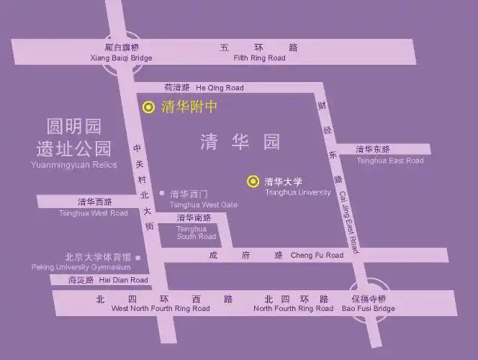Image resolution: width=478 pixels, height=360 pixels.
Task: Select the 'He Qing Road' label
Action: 220,88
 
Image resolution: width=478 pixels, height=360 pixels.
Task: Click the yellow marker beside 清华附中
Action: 148,107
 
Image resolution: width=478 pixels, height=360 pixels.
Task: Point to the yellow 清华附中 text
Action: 189,107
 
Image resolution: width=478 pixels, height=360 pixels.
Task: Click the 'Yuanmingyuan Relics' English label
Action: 73,165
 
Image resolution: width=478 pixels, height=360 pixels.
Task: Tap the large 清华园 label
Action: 240,142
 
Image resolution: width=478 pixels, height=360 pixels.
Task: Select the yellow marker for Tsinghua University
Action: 253,181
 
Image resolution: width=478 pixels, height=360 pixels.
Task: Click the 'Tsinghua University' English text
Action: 297,192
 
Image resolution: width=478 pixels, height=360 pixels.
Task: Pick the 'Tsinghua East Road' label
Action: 389,161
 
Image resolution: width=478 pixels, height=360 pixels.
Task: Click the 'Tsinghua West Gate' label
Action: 203,204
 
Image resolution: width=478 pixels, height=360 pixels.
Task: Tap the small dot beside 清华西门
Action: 162,193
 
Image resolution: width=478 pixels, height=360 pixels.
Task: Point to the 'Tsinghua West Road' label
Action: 93,212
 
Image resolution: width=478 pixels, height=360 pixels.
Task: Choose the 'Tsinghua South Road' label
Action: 196,233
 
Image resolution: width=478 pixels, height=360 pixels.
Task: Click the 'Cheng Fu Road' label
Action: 317,255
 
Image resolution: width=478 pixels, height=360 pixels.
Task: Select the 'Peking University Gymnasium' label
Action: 81,267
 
